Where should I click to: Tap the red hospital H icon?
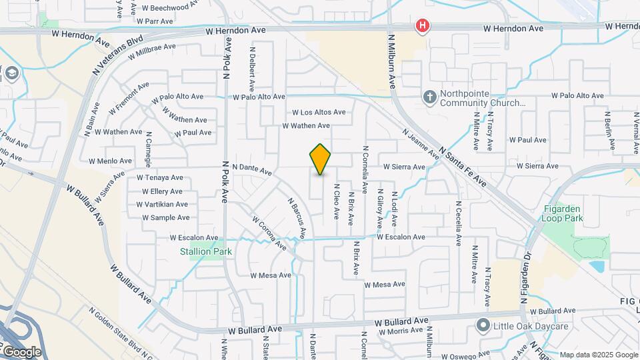(x=422, y=27)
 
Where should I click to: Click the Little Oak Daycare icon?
(x=483, y=325)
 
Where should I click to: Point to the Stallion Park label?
(x=206, y=252)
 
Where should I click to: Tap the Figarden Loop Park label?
(x=563, y=213)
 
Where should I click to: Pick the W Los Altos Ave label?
(x=319, y=113)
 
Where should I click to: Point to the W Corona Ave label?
(x=269, y=233)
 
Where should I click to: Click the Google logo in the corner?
(x=21, y=351)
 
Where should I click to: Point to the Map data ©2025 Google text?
(x=599, y=355)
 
